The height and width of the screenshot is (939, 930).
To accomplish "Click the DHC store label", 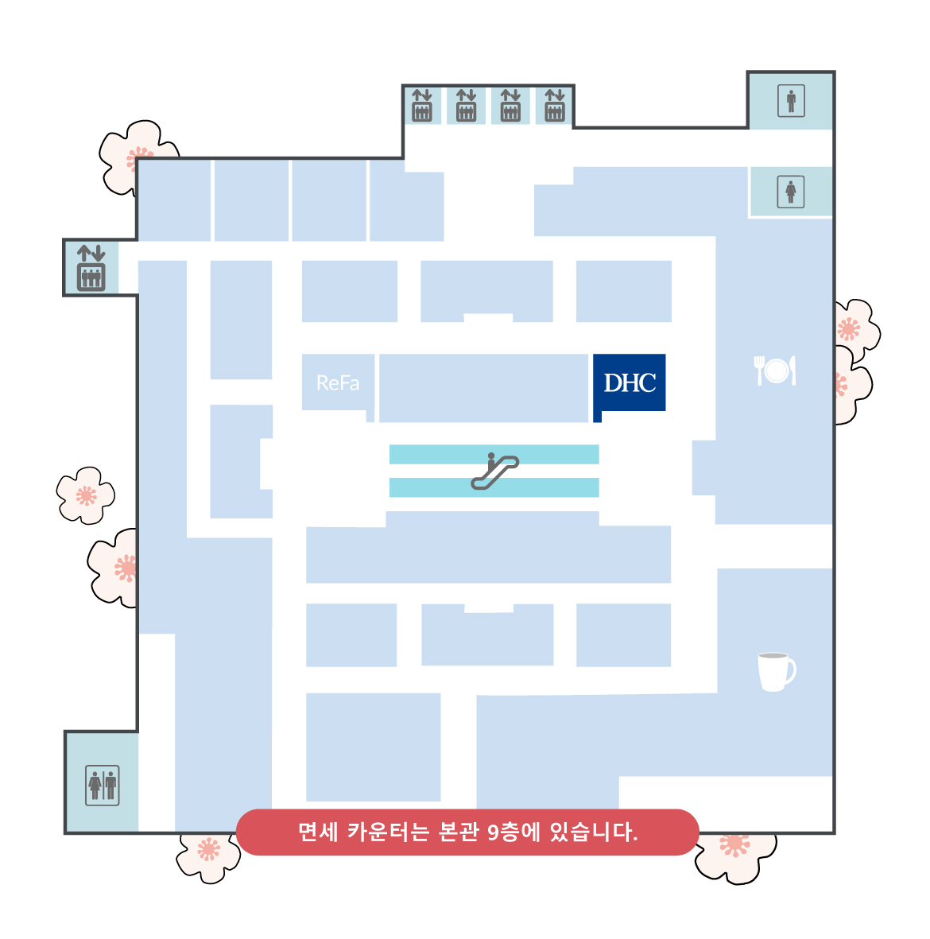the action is (x=630, y=383).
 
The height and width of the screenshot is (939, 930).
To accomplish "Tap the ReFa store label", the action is (x=338, y=383).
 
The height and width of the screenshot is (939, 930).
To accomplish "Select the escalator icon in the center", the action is (x=494, y=471).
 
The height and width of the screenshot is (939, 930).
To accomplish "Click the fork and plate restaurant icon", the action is (x=775, y=370).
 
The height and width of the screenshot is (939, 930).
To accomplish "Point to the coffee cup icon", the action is (x=776, y=671).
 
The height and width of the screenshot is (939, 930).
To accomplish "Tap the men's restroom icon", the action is (x=791, y=101).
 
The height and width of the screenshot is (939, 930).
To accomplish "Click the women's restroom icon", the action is (x=790, y=192).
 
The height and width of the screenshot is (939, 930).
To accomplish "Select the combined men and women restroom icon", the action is (x=103, y=785).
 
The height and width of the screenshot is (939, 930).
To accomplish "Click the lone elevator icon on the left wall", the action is (x=91, y=268).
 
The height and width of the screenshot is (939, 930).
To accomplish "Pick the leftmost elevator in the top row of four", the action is (x=422, y=106).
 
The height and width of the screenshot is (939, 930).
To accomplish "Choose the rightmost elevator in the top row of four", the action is (x=555, y=106).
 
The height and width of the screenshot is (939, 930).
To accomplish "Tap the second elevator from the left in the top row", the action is (x=467, y=106).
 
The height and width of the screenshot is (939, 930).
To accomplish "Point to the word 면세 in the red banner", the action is (x=319, y=832).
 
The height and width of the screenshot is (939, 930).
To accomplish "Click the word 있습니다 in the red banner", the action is (x=594, y=832).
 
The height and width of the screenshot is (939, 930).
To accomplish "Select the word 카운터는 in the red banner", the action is (x=388, y=832).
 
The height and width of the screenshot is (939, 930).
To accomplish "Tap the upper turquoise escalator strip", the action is (x=494, y=455).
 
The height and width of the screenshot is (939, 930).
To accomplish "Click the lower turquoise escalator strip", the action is (x=494, y=487).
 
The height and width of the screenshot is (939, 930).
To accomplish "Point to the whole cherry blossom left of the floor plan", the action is (x=86, y=496).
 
